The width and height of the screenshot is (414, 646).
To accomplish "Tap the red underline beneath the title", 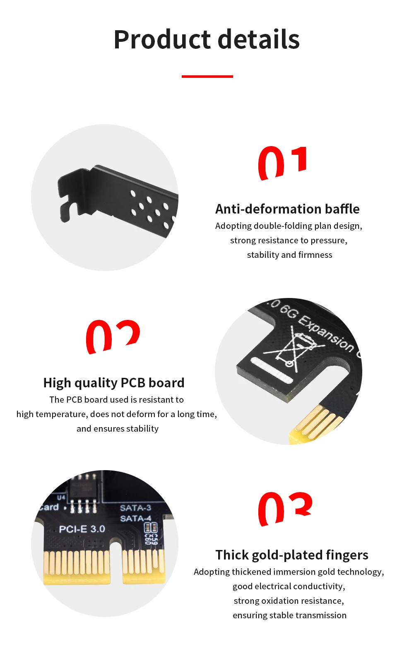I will [207, 77].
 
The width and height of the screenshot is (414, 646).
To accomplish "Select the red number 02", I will [113, 336].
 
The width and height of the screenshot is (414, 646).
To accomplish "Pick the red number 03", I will [285, 509].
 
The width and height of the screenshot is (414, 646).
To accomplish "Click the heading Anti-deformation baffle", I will [287, 209].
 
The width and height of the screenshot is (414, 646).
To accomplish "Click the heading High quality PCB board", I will [114, 383].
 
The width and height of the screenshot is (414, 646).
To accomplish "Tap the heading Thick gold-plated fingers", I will [291, 555].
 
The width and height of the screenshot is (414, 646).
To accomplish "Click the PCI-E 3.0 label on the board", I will [82, 529].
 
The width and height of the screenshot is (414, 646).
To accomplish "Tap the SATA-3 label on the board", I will [135, 508].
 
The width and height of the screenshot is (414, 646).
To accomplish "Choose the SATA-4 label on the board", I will [135, 518].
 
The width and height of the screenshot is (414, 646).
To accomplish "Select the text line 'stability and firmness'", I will [289, 255].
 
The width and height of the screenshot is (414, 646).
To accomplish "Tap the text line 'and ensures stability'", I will [117, 429].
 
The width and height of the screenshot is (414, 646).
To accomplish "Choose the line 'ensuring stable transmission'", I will [289, 615].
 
